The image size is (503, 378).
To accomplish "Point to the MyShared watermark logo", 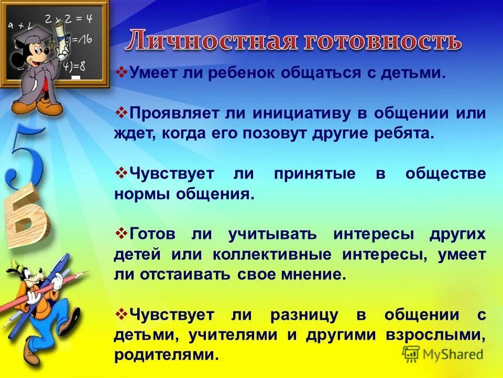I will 443,354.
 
